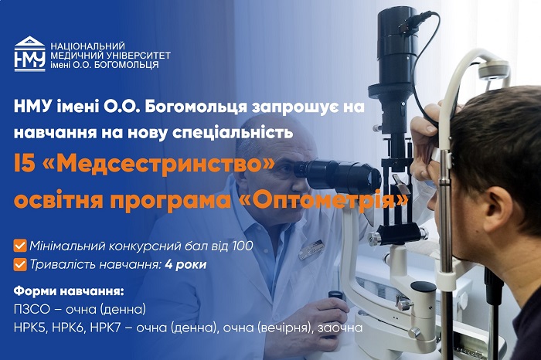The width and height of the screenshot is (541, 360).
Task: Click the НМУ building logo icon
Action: pyautogui.click(x=29, y=54)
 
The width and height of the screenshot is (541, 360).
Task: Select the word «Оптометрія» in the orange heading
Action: pyautogui.click(x=323, y=200)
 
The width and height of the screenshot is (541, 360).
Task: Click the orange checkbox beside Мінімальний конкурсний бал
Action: pyautogui.click(x=20, y=246)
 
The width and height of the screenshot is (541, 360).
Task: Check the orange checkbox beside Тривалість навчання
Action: pyautogui.click(x=20, y=265)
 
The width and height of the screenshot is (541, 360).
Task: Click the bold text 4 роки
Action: pyautogui.click(x=185, y=265)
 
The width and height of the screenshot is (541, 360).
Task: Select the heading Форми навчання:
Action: pyautogui.click(x=69, y=291)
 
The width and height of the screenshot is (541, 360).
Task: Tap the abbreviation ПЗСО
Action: pyautogui.click(x=32, y=309)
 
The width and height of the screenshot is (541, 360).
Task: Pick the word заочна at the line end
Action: pyautogui.click(x=340, y=328)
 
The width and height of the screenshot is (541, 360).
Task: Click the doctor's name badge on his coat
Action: pyautogui.click(x=311, y=250)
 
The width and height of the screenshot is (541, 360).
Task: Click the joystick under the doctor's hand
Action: pyautogui.click(x=335, y=299)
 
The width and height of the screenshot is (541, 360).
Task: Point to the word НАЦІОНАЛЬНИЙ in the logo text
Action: pyautogui.click(x=87, y=46)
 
